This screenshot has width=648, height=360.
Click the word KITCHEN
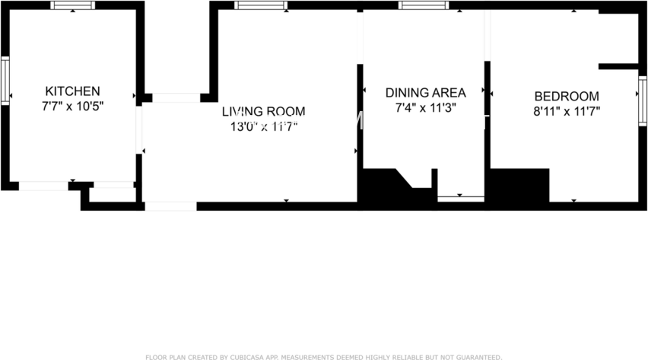coord(72,91)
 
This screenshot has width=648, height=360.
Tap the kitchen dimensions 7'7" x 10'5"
coord(72,107)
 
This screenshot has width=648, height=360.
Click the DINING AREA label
coord(425,93)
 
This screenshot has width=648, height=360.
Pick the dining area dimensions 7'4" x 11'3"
coord(425,108)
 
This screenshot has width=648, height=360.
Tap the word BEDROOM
coord(567,97)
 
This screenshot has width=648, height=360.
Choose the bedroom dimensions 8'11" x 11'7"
coord(567,112)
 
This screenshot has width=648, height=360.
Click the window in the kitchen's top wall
coord(73,5)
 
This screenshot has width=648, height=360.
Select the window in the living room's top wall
coord(261,5)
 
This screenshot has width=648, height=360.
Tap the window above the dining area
coord(424,5)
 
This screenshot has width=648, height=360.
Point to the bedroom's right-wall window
coord(643,99)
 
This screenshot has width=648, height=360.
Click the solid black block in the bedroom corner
coord(517,185)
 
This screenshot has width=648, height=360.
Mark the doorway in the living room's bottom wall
coord(170,205)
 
